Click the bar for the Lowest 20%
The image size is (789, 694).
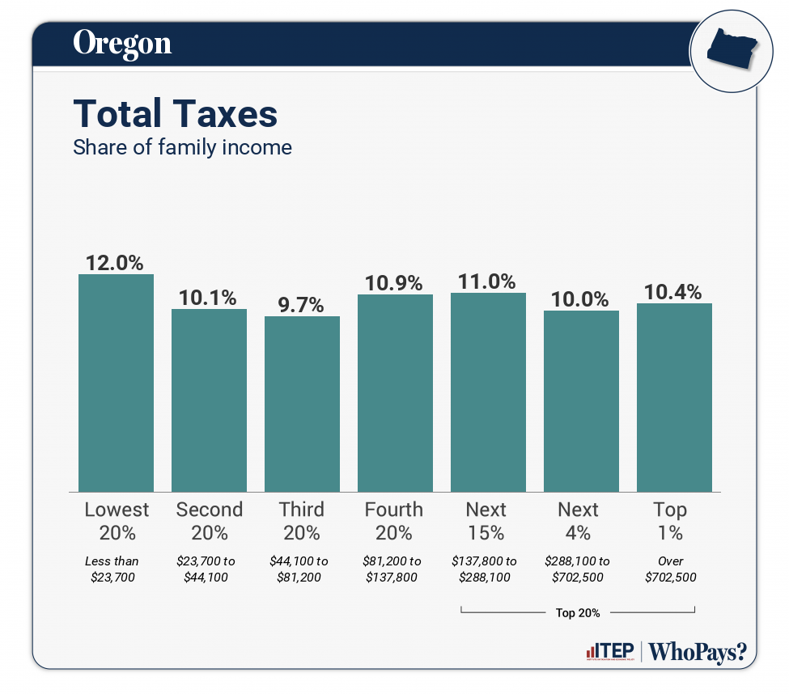click(x=116, y=383)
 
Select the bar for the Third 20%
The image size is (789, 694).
click(x=302, y=404)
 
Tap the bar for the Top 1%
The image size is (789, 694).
click(x=674, y=397)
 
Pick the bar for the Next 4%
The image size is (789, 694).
click(x=581, y=401)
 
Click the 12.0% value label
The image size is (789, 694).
click(x=116, y=263)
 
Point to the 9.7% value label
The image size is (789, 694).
click(x=302, y=305)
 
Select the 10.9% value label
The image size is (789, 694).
click(x=395, y=283)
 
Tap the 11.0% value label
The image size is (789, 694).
click(x=488, y=281)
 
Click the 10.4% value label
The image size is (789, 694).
click(x=674, y=292)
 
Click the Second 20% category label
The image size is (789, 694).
click(x=209, y=521)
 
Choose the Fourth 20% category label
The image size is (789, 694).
click(x=394, y=521)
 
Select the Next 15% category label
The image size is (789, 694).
click(x=486, y=521)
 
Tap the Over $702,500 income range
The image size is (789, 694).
click(x=671, y=569)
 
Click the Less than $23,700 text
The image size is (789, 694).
click(x=112, y=569)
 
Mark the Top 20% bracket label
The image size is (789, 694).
click(x=578, y=612)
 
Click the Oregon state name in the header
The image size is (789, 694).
click(x=122, y=43)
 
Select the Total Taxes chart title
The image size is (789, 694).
click(x=176, y=114)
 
